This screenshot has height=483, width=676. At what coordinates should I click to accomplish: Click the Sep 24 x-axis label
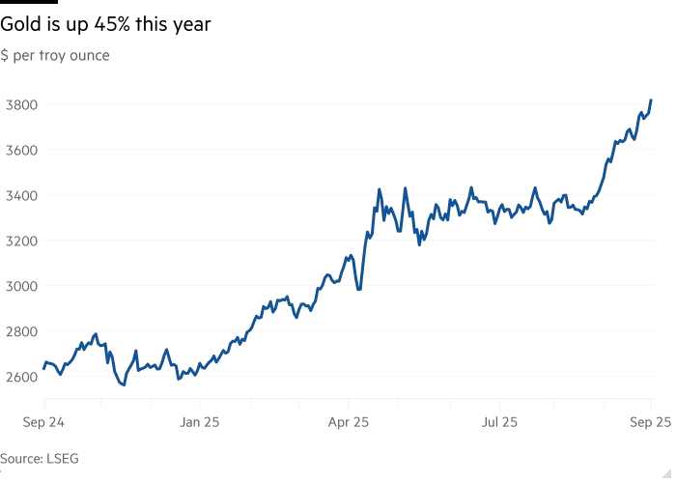[x=43, y=422]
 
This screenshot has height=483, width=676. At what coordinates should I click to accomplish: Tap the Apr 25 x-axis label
[x=350, y=422]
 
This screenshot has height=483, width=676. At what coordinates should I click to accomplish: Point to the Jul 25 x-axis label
[x=500, y=422]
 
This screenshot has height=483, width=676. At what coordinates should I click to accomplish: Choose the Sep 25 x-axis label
[x=652, y=422]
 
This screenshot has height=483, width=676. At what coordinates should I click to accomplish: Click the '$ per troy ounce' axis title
[x=55, y=56]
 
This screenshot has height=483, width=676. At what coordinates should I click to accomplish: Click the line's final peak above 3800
[x=652, y=100]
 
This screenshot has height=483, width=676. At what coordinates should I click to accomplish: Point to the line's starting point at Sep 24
[x=43, y=367]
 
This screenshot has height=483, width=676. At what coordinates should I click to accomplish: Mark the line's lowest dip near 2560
[x=123, y=384]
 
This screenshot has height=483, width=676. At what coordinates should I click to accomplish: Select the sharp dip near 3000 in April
[x=359, y=289]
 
